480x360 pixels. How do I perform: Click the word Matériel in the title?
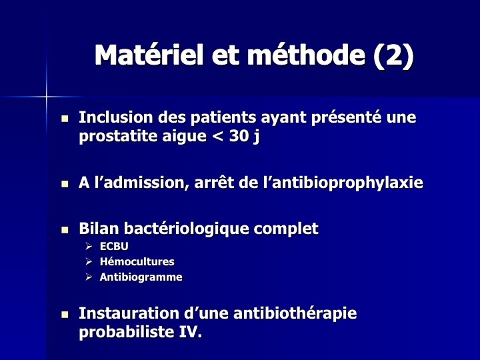pos(149,55)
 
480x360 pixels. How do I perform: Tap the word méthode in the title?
pos(306,55)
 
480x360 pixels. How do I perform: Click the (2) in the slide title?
pos(394,55)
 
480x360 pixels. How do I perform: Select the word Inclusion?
pos(116,117)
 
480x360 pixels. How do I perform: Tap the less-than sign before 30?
pos(217,136)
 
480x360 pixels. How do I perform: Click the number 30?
pos(239,135)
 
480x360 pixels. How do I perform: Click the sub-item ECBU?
pos(114,246)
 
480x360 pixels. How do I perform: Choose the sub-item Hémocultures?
pos(137,262)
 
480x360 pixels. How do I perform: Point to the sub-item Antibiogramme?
pos(141,277)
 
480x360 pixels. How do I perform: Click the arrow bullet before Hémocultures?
pos(89,262)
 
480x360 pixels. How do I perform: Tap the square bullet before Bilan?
pos(65,230)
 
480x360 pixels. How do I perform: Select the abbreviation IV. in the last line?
pos(191,331)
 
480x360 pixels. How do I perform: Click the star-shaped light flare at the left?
pos(46,97)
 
